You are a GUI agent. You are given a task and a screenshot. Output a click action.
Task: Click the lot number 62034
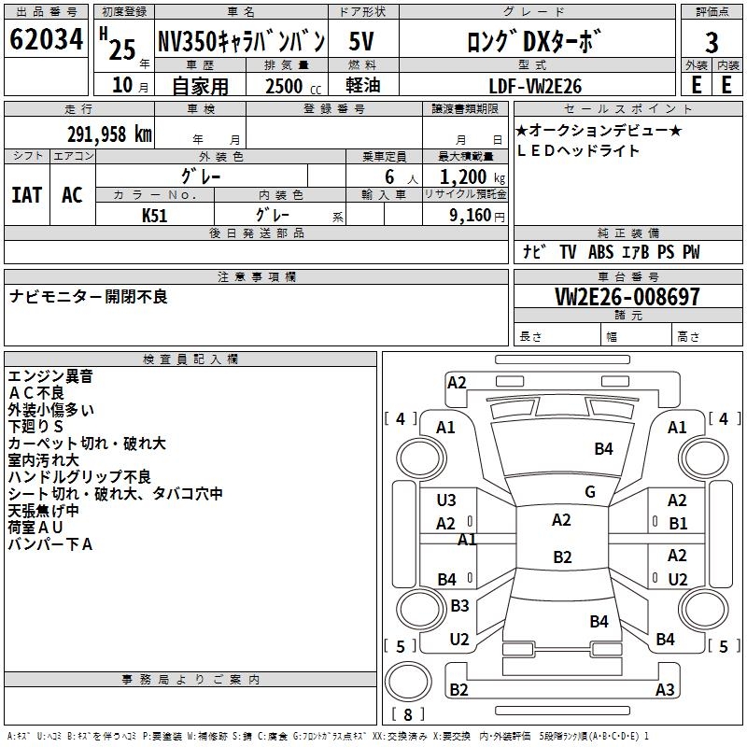click(47, 40)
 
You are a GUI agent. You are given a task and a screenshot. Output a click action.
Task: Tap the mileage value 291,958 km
click(109, 134)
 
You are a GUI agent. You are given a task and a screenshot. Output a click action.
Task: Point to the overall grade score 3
click(712, 42)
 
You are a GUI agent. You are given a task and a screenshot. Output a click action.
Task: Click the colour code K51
click(155, 215)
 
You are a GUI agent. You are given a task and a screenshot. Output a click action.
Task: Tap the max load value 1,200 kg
click(472, 176)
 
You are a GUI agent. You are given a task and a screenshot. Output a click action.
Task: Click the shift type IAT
click(26, 194)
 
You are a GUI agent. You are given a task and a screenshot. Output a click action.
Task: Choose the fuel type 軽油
click(361, 85)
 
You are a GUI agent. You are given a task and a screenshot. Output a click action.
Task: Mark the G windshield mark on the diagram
click(590, 492)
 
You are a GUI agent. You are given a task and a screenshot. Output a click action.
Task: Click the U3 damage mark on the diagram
click(446, 500)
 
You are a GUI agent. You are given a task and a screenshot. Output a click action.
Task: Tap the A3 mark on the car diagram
click(665, 690)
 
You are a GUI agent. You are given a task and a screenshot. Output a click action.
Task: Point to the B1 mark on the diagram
click(678, 524)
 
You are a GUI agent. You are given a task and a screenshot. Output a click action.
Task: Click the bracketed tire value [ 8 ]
click(407, 714)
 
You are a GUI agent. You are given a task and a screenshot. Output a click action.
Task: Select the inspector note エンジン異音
click(50, 375)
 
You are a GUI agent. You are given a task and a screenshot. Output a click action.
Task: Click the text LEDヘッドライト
click(578, 150)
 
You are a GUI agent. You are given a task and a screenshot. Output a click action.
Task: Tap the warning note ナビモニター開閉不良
click(89, 296)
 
